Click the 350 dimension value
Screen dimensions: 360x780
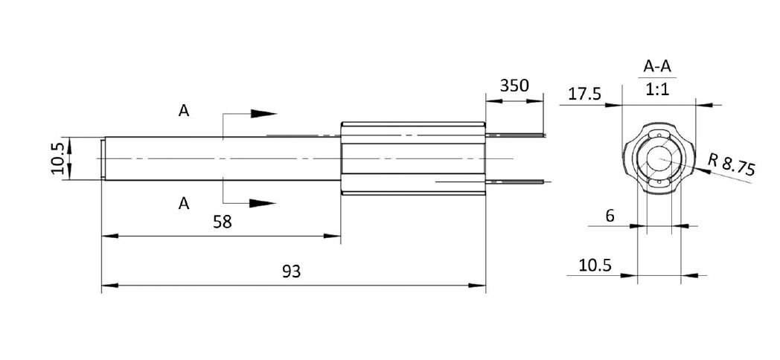tap(514, 85)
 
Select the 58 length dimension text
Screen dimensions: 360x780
tap(221, 222)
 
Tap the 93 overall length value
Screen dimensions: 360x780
tap(291, 271)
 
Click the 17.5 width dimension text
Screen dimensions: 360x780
tap(584, 94)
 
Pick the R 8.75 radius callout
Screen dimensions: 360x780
tap(732, 164)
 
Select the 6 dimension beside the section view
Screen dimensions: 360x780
tap(610, 216)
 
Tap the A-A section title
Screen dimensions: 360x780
tap(656, 67)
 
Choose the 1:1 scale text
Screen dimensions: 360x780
tap(656, 89)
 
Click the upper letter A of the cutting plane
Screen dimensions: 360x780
tap(183, 111)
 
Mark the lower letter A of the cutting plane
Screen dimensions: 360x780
tap(183, 203)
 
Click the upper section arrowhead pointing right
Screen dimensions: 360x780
tap(263, 114)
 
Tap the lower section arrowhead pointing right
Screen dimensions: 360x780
tap(263, 202)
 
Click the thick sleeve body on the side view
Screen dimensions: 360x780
tap(413, 158)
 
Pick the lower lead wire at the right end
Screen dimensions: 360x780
tap(517, 181)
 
